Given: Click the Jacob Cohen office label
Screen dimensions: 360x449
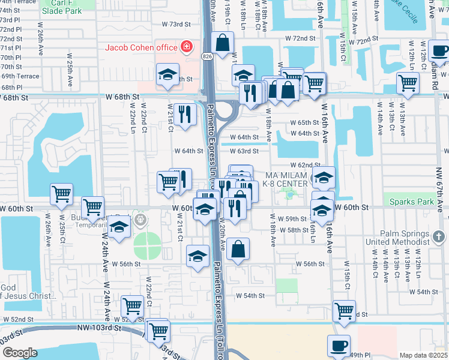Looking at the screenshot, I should coord(141,47).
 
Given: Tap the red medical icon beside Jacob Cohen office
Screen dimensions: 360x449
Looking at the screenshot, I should coord(187,47).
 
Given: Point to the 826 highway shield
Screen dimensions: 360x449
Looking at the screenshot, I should coord(206,56).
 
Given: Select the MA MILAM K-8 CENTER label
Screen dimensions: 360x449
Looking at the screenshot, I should coord(286,179).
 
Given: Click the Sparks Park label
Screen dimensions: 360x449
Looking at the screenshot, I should coord(411,202).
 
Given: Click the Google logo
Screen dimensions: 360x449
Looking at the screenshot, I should coord(19,353).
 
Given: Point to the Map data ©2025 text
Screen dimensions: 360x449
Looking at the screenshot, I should coord(423,355).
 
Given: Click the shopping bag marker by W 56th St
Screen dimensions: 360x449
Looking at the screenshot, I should coord(238,248).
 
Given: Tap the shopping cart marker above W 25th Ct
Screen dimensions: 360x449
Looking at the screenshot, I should coord(61,194).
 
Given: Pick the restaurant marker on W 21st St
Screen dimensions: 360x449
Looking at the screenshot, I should coord(184,113).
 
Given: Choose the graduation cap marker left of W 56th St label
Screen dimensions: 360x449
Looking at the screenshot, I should coord(198,256).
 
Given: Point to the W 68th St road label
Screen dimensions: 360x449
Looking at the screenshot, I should coord(122,97).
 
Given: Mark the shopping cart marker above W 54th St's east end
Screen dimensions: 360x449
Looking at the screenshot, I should coord(344,311).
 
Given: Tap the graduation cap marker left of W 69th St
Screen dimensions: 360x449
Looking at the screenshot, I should coord(167,74).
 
